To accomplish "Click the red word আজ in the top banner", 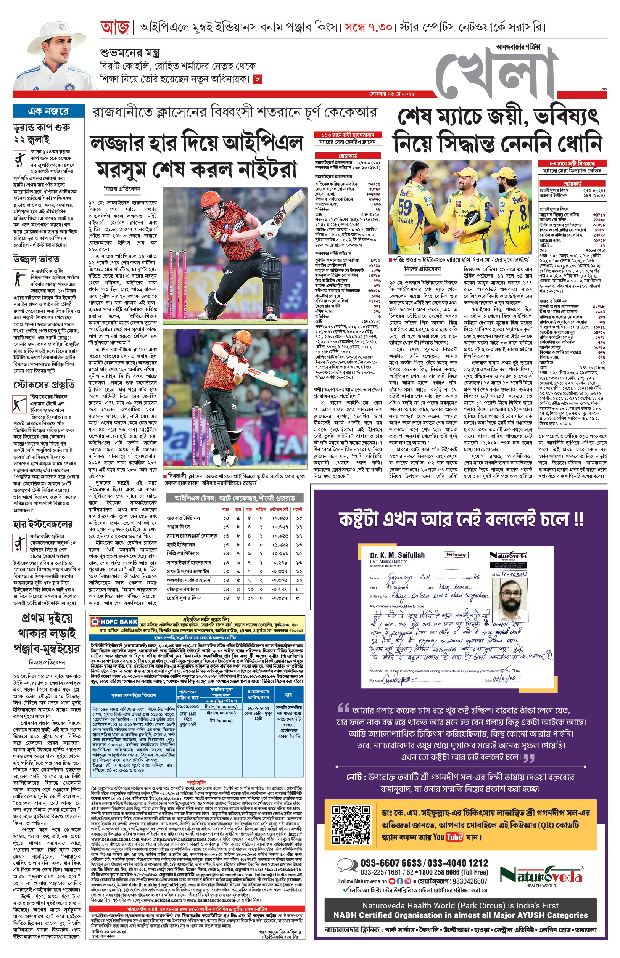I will (x=115, y=28).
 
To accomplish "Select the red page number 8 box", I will (x=258, y=79).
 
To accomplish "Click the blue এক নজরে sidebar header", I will (x=48, y=111).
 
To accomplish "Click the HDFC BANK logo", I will (x=115, y=622).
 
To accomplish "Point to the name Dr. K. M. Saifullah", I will (x=397, y=555).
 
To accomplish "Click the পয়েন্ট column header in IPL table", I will (x=298, y=509).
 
